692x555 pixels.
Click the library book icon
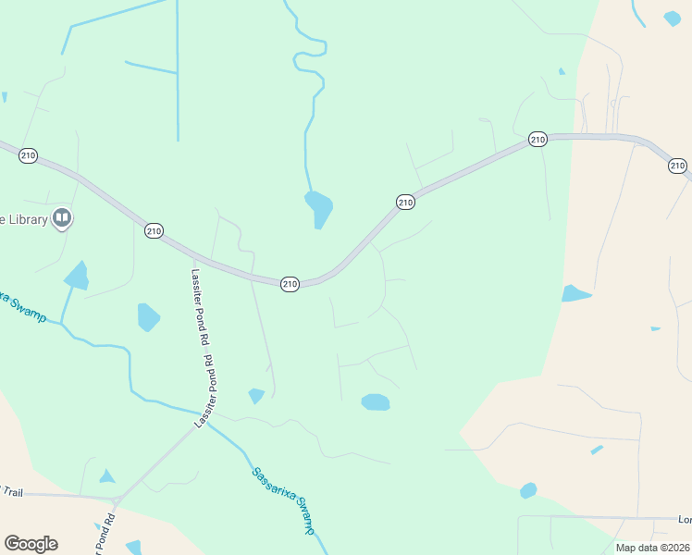tap(62, 218)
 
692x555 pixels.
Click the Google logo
tap(31, 543)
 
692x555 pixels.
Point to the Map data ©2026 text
tap(652, 548)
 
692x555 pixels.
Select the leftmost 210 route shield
tap(28, 155)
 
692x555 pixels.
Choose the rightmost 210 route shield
tap(677, 166)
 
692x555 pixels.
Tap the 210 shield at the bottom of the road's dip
tap(290, 284)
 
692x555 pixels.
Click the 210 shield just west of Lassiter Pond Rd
tap(154, 230)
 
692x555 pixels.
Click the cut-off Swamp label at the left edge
tap(20, 304)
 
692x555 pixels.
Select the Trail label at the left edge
tap(11, 491)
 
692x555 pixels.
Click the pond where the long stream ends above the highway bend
tap(318, 207)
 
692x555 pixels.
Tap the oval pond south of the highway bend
tap(376, 401)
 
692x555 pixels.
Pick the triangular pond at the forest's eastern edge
tap(575, 293)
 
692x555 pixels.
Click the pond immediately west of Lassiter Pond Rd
tap(148, 316)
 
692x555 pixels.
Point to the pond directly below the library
tap(77, 276)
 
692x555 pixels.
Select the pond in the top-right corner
tap(672, 18)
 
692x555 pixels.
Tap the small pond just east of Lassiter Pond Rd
tap(256, 395)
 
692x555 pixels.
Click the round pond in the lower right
tap(528, 490)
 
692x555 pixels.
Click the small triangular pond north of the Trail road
tap(107, 476)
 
